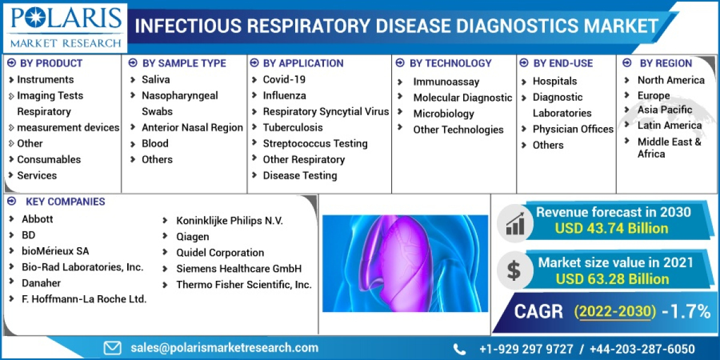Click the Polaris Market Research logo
pos(65,27)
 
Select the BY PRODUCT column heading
pos(50,63)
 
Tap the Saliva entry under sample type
pos(155,79)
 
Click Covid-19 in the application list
pos(284,79)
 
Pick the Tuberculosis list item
pos(293,127)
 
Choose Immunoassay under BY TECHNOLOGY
pos(445,82)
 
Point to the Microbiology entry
pos(443,113)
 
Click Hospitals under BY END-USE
pos(554,81)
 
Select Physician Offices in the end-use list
pos(573,129)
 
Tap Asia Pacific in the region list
pos(665,109)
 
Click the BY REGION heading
pos(665,63)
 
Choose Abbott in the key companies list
pos(37,219)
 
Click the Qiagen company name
pos(193,236)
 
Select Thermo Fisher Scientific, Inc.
pos(244,285)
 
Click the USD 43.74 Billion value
pos(611,228)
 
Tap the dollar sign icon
pos(514,270)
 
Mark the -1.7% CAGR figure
pos(686,311)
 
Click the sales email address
pos(224,347)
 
